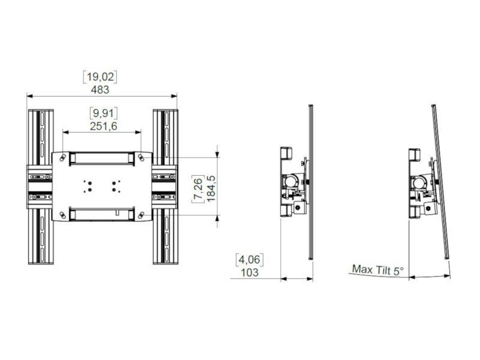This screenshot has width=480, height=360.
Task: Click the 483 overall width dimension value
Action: click(100, 90)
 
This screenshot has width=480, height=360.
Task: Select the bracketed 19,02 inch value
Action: click(100, 77)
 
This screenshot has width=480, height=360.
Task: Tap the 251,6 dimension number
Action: click(103, 125)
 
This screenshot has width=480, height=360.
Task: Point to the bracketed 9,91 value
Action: click(103, 113)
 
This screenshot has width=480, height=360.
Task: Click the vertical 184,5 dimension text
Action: click(211, 188)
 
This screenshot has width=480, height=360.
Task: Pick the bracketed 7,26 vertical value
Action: click(197, 188)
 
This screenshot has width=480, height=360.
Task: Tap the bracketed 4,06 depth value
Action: click(251, 260)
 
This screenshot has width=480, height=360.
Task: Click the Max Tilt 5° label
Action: click(378, 270)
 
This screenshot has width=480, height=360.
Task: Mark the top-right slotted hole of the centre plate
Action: click(142, 157)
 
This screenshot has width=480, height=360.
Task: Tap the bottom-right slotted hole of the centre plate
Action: click(142, 215)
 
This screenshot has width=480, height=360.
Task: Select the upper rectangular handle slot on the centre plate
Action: click(101, 158)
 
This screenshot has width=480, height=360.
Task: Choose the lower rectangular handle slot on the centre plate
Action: click(101, 213)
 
